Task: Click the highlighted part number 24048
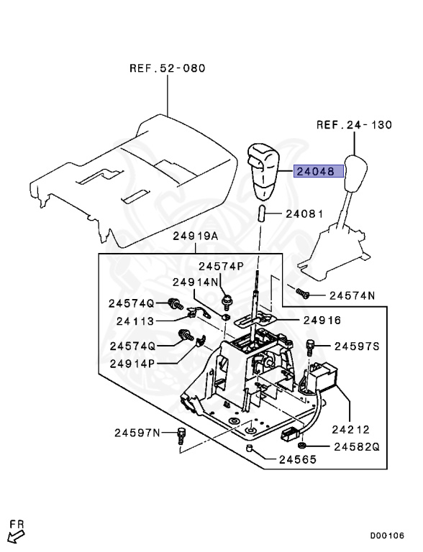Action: pos(315,172)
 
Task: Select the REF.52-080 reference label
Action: pos(168,68)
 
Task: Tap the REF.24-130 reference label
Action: pos(354,124)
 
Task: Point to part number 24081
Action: pos(304,213)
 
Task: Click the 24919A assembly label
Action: pos(196,236)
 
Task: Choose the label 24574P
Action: pos(221,266)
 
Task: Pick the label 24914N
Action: pos(196,282)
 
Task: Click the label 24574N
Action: pos(352,295)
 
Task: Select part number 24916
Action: pos(322,320)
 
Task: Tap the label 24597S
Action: pos(357,346)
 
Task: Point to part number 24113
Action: pos(135,321)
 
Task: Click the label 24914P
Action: pos(132,363)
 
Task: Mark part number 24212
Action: pos(351,430)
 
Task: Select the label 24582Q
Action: pos(357,447)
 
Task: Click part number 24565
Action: pos(298,459)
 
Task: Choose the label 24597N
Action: pos(137,433)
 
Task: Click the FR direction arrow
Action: pos(16,536)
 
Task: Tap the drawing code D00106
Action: pos(387,535)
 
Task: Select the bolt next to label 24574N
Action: pos(302,293)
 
